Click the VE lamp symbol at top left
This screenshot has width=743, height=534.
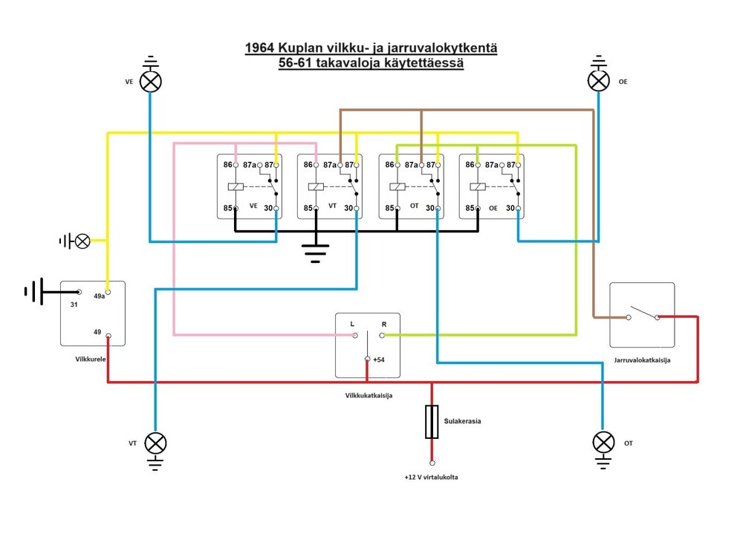(x=151, y=81)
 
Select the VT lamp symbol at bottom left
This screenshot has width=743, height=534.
(x=155, y=443)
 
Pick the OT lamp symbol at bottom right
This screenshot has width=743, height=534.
(x=603, y=443)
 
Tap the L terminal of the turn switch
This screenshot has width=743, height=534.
(x=352, y=324)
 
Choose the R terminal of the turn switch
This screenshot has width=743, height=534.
(x=384, y=324)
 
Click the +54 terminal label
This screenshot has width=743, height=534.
(x=379, y=360)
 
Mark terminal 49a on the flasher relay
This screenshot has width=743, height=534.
(x=100, y=296)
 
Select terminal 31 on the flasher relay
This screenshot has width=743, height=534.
(x=74, y=305)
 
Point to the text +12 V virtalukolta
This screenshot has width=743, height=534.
(x=431, y=477)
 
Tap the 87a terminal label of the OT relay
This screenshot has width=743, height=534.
(x=412, y=165)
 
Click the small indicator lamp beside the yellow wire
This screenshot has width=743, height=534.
(x=83, y=241)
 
